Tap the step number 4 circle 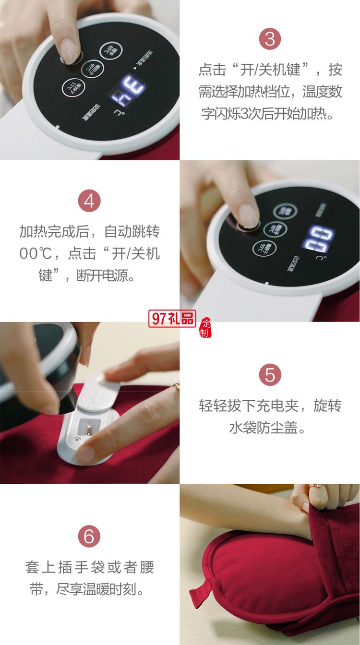click(89, 201)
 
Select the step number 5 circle click(270, 375)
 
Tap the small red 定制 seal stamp click(205, 327)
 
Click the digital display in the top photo click(128, 90)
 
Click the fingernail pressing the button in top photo click(69, 50)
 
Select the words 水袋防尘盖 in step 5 click(262, 428)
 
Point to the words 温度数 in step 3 click(322, 92)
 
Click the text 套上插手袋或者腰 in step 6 click(90, 567)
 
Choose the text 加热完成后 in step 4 click(54, 231)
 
